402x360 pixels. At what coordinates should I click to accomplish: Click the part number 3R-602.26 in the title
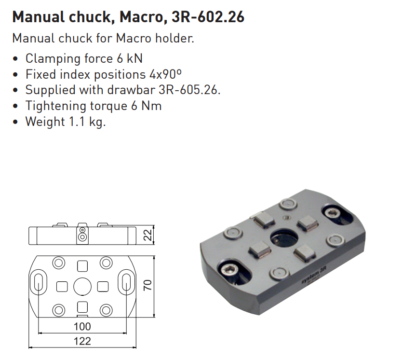click(208, 17)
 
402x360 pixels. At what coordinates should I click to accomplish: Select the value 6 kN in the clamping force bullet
click(130, 58)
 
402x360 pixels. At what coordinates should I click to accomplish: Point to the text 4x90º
click(166, 74)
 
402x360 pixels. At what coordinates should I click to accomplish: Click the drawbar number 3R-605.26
click(189, 90)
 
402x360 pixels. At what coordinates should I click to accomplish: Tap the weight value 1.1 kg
click(87, 122)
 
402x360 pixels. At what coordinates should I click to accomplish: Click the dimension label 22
click(147, 235)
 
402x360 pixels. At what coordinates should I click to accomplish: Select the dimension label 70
click(147, 285)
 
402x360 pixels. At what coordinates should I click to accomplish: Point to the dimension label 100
click(82, 326)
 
